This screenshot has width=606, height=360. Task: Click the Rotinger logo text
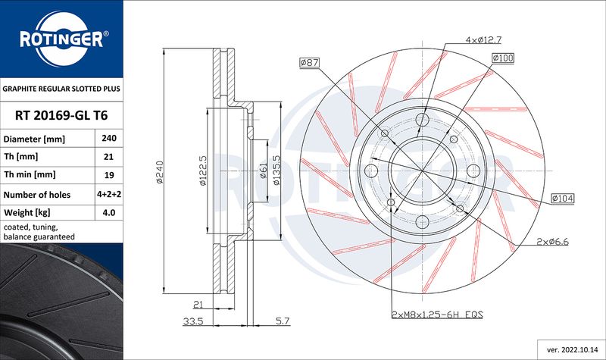61,39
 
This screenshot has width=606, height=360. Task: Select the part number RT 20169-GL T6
61,115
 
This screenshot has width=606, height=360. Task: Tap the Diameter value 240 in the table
109,138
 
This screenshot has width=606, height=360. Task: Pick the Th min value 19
109,175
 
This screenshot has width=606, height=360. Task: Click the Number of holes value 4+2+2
109,194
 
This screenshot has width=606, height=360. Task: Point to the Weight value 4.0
109,212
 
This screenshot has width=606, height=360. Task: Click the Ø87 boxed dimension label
309,62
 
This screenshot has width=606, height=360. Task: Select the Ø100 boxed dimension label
503,58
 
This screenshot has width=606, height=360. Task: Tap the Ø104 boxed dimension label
563,199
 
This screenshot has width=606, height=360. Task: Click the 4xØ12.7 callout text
483,40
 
